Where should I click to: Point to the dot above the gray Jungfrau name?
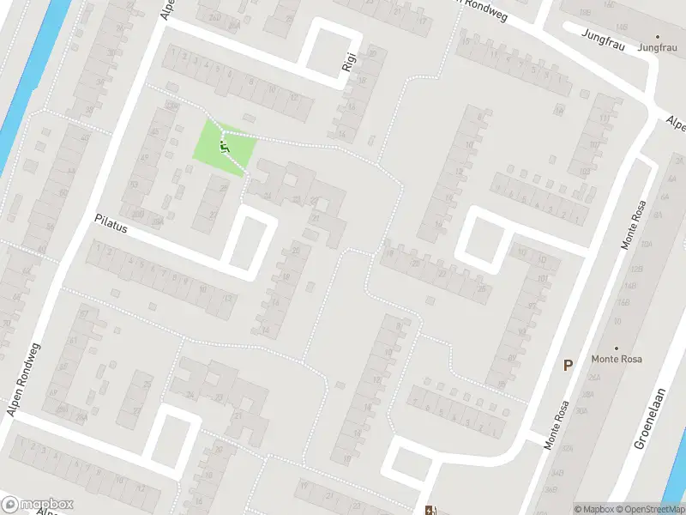[658, 37]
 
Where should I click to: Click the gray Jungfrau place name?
[658, 48]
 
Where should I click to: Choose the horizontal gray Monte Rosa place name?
[616, 359]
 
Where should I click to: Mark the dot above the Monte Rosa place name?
[616, 348]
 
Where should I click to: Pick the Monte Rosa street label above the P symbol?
[632, 221]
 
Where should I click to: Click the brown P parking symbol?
[567, 365]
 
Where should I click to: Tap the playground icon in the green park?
[225, 148]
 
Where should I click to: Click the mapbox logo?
[36, 505]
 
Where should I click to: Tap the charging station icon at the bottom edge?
[430, 510]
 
